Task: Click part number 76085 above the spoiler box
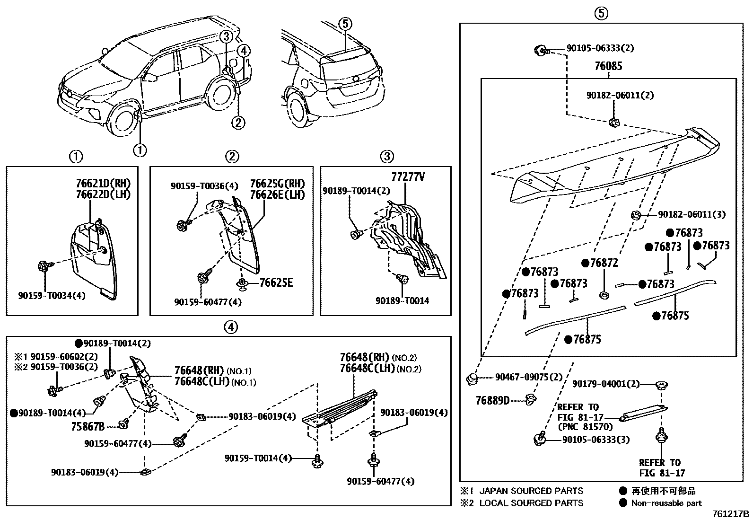(x=608, y=66)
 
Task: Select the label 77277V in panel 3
(x=408, y=177)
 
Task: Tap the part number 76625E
(x=276, y=283)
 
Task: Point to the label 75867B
(x=88, y=426)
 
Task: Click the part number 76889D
(x=492, y=401)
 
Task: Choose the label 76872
(x=604, y=263)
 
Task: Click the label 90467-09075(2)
(x=529, y=377)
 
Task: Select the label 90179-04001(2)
(x=606, y=384)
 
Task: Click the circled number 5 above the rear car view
(x=345, y=23)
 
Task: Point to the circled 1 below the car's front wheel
(x=140, y=150)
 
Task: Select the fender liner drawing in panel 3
(x=407, y=237)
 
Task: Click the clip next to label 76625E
(x=243, y=284)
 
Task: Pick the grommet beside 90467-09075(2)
(x=472, y=378)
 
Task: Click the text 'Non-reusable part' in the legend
(x=666, y=503)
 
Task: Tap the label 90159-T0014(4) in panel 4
(x=258, y=458)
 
